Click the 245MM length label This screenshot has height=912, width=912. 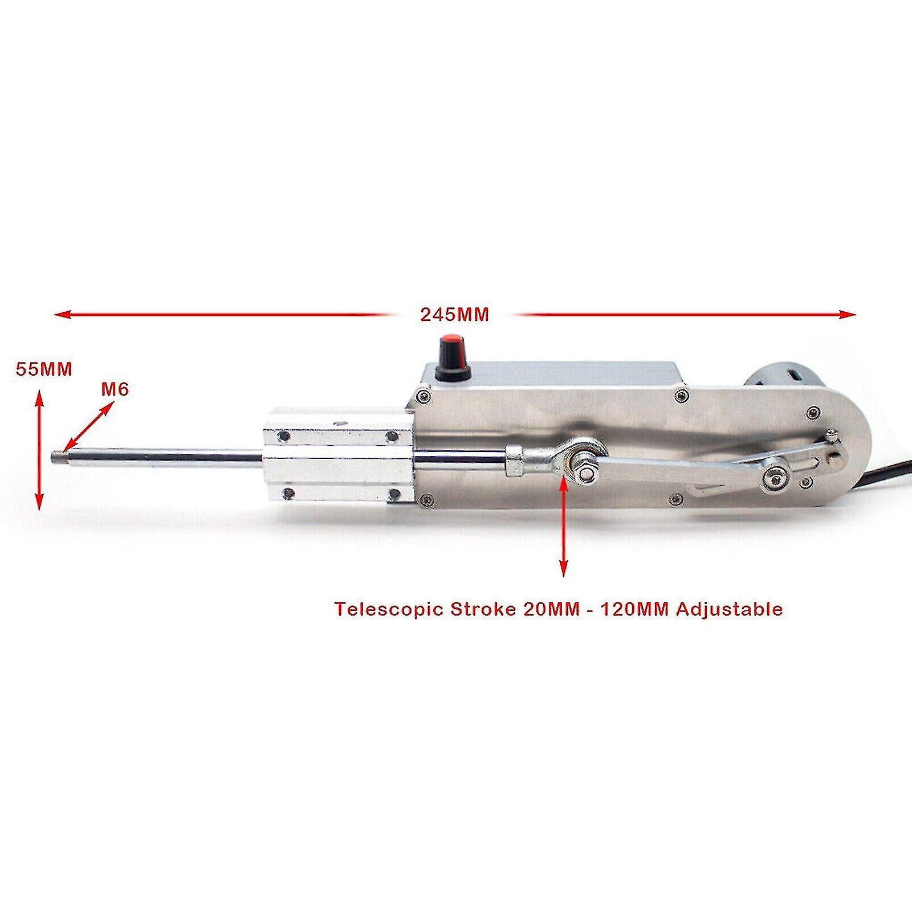coord(454,315)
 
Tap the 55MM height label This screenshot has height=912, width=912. coord(44,369)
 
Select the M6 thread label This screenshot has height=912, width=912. coord(115,389)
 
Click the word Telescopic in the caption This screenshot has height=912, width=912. coord(389,609)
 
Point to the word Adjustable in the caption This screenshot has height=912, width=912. coord(729,609)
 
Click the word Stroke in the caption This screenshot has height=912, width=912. coord(482,609)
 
